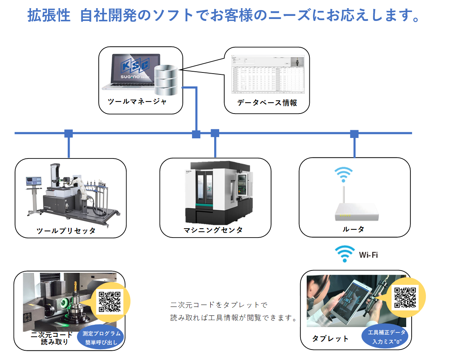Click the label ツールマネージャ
(137, 102)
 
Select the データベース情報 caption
(267, 103)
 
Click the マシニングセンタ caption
(213, 230)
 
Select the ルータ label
(353, 229)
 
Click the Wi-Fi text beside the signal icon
(368, 255)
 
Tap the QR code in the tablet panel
(406, 297)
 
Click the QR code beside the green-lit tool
(110, 301)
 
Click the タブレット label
(330, 339)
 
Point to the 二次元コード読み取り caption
(52, 338)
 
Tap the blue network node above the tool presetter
(69, 134)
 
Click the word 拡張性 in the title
(49, 16)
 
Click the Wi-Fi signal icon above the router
(343, 174)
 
